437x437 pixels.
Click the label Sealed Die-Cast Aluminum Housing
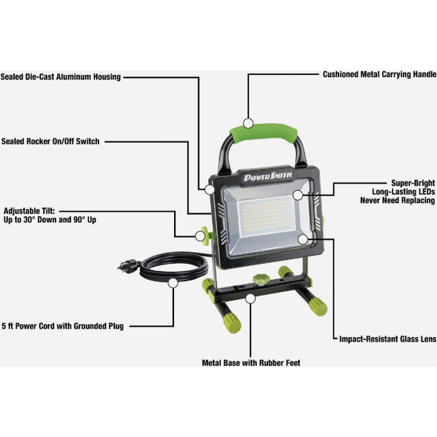(x=61, y=76)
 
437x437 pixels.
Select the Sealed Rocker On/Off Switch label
(x=50, y=141)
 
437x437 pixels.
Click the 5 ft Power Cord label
(x=63, y=325)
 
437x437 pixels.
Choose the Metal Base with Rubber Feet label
(x=251, y=363)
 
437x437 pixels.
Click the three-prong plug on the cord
(x=123, y=264)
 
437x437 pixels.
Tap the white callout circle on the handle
(x=250, y=122)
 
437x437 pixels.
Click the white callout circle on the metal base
(x=251, y=298)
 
